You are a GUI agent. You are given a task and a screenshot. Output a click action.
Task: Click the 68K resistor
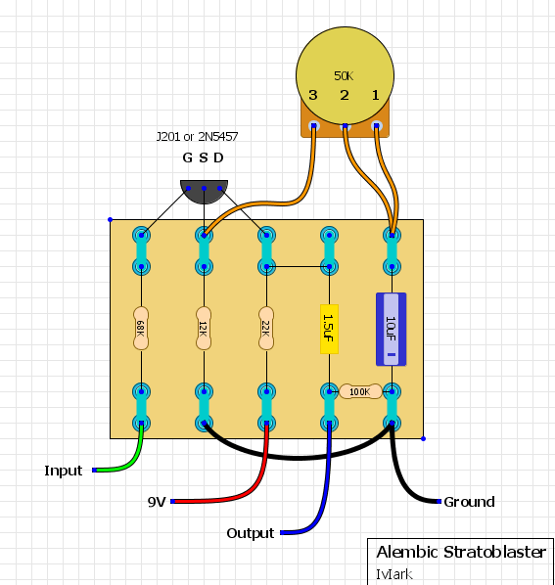click(x=141, y=329)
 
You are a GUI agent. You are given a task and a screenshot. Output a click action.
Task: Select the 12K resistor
click(x=204, y=329)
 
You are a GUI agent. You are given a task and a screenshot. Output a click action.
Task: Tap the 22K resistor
click(x=266, y=329)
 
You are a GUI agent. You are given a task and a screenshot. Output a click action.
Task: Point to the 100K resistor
click(x=360, y=391)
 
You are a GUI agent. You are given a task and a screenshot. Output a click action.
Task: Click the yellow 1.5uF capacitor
click(x=329, y=329)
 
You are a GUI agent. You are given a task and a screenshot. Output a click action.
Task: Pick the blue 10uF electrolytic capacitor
click(x=392, y=329)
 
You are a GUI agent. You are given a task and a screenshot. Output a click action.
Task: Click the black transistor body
click(x=205, y=192)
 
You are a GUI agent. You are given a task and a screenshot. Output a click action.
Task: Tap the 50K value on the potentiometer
click(x=344, y=76)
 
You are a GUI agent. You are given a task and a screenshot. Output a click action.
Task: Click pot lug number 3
click(x=313, y=126)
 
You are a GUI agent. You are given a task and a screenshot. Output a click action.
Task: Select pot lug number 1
click(x=376, y=126)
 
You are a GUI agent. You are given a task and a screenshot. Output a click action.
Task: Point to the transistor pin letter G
click(x=187, y=157)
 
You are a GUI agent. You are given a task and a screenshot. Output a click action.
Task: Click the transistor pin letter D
click(x=218, y=157)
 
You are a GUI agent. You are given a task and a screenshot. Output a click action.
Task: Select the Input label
click(x=63, y=471)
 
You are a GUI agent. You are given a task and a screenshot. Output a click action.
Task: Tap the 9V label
click(x=157, y=502)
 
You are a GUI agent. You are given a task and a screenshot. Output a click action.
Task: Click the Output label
click(x=251, y=533)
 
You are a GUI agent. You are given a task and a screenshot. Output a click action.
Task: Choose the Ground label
click(x=469, y=502)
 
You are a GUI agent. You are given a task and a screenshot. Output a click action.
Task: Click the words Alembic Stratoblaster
click(x=461, y=552)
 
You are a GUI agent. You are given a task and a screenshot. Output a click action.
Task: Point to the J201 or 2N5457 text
click(x=197, y=137)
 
